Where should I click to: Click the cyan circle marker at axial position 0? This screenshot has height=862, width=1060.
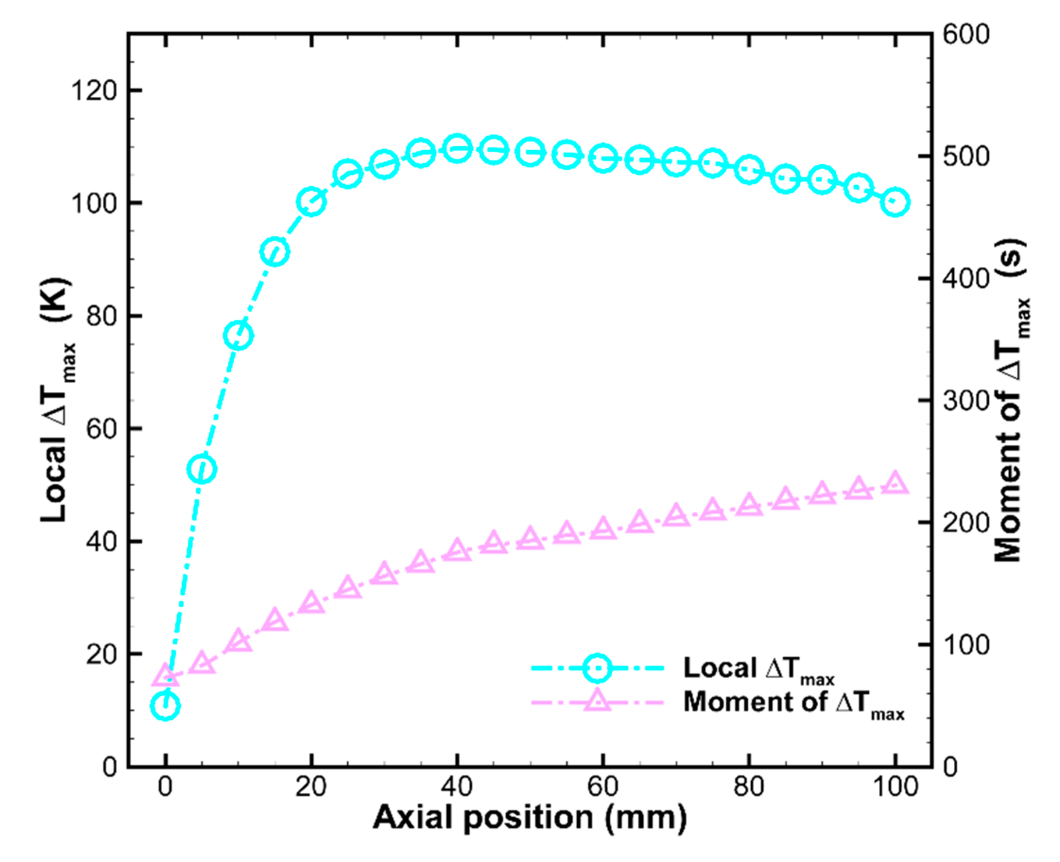coord(165,705)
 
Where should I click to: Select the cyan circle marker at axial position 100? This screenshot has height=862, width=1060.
coord(895,202)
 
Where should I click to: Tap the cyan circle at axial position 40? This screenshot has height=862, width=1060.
coord(457,148)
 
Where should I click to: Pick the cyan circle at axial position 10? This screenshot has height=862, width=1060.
coord(238,335)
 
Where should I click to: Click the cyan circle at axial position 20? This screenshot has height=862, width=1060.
coord(311,201)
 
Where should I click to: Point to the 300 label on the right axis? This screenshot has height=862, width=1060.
coord(965,400)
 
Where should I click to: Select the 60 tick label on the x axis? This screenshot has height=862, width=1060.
coord(603,787)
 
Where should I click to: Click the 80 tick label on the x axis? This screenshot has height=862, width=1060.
coord(749,787)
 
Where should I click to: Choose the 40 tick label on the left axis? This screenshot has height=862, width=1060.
coord(101,541)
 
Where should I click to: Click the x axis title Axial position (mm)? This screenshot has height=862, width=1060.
coord(529,818)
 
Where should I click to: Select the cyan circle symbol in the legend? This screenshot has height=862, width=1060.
coord(597,668)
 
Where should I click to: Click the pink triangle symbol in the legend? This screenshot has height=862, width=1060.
coord(597,701)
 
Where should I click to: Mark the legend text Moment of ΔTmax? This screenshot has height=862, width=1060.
coord(793,703)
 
